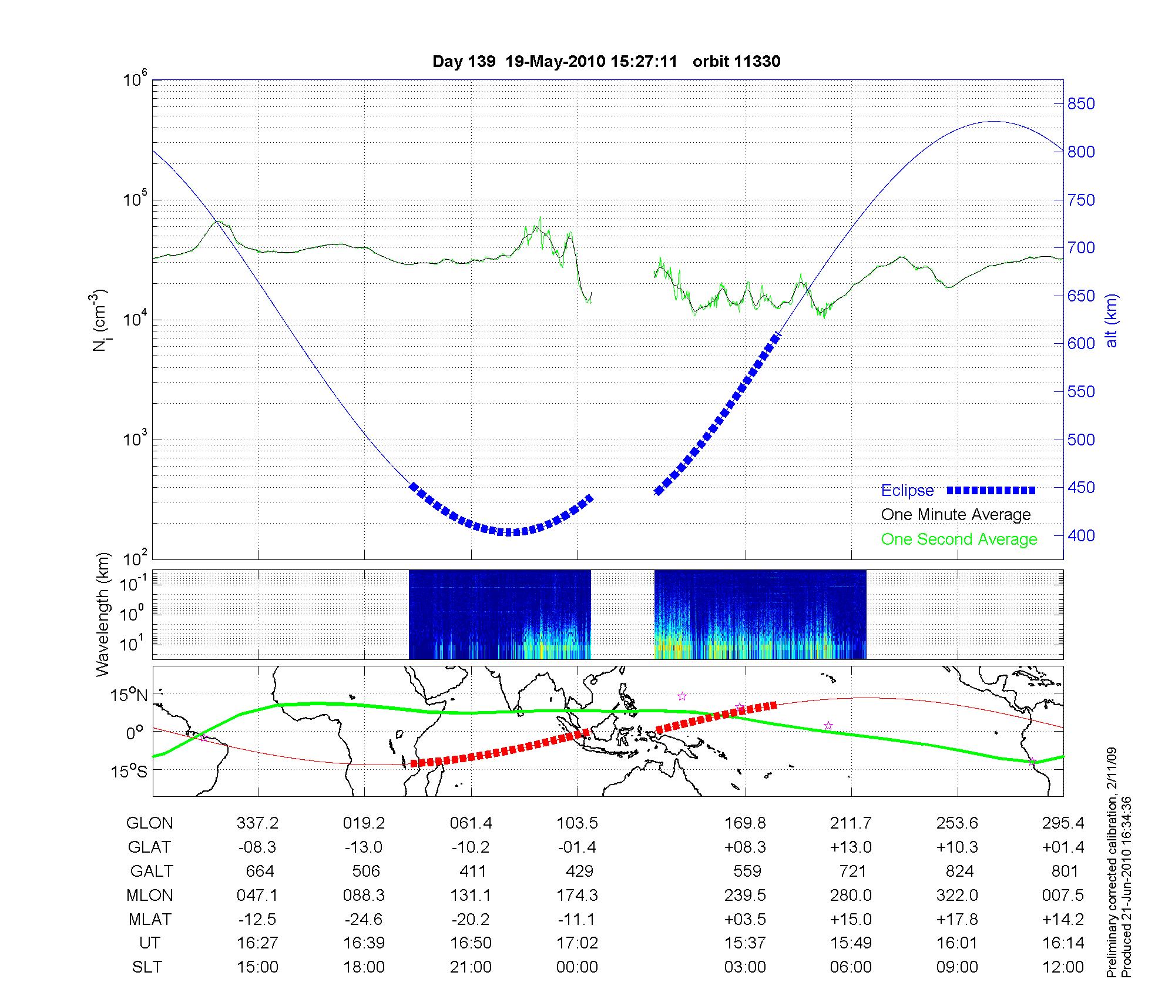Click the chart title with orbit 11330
[x=606, y=62]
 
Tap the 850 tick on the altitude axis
[x=1081, y=104]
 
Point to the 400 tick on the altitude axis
[x=1081, y=535]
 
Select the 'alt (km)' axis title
[x=1112, y=329]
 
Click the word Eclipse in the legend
[x=907, y=491]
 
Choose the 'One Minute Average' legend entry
[x=956, y=515]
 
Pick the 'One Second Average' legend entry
[x=959, y=539]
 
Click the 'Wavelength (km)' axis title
[x=103, y=614]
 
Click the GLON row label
[x=149, y=823]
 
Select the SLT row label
[x=147, y=967]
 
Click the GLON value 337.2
[x=257, y=823]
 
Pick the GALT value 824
[x=959, y=871]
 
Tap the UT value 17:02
[x=577, y=943]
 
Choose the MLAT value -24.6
[x=364, y=919]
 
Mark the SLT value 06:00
[x=851, y=967]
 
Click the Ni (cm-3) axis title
[x=99, y=320]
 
